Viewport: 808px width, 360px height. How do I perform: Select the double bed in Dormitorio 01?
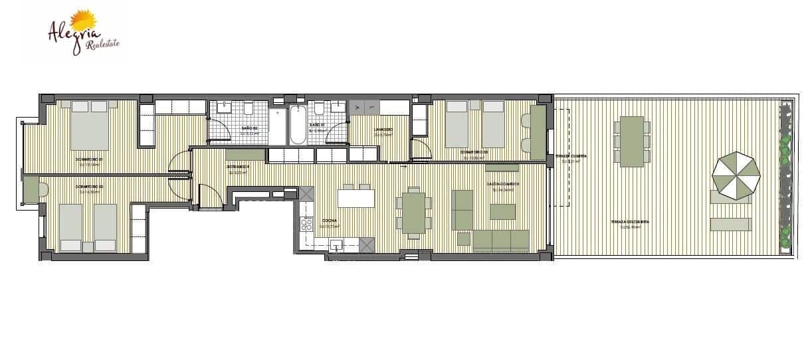tap(89, 125)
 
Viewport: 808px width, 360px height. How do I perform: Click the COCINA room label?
tap(329, 221)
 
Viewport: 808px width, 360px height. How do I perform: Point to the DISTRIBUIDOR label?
tap(238, 167)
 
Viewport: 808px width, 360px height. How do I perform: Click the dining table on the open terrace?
tap(632, 141)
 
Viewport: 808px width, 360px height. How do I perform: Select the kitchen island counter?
tap(355, 199)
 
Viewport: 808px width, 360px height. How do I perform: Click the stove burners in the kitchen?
tap(308, 225)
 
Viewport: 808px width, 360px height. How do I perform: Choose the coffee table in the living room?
tap(502, 211)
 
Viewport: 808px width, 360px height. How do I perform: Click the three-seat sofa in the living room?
tap(500, 240)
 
